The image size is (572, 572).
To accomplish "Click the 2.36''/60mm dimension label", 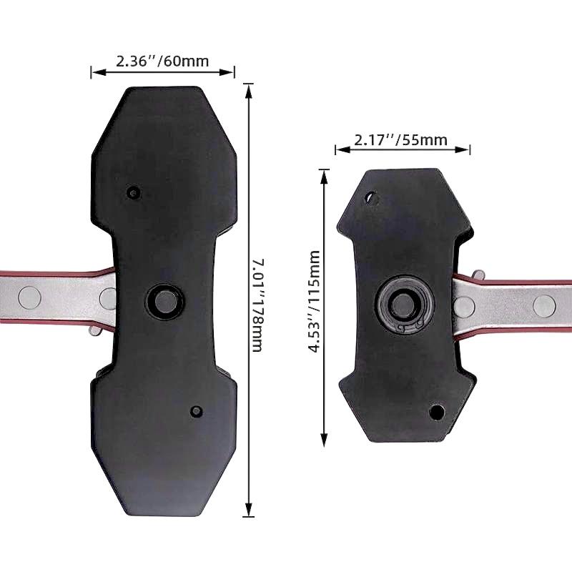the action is point(162,61).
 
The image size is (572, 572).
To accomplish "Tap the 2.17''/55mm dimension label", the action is point(400,139).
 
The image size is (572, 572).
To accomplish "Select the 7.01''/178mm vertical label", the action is point(258,305).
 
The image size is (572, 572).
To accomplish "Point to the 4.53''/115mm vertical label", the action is point(314,301).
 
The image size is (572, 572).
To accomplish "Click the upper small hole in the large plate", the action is point(133,192).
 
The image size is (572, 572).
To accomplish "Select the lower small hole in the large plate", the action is point(197,411).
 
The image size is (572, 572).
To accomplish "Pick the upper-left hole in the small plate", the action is point(372,198).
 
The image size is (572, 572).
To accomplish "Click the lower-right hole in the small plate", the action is point(436,413).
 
